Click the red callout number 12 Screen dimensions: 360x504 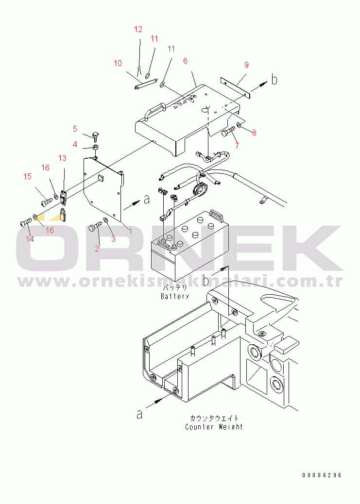point(138,29)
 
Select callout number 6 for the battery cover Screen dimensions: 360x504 point(185,61)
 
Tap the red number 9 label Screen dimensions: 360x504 point(246,65)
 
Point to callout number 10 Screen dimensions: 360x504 point(118,63)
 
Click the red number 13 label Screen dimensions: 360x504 point(62,158)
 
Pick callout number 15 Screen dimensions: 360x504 point(28,176)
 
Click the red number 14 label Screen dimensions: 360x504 point(30,239)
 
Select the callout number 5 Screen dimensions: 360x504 point(75,129)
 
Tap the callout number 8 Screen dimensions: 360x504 point(254,133)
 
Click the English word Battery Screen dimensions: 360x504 point(175,296)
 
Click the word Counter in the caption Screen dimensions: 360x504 point(200,427)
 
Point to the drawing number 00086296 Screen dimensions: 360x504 point(322,475)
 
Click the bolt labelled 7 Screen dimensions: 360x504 point(228,132)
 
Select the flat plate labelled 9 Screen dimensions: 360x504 point(235,87)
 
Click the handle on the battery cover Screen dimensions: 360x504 point(154,109)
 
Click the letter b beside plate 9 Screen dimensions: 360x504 point(274,79)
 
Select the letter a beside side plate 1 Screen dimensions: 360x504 point(147,200)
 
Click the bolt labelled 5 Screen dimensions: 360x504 point(95,136)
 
